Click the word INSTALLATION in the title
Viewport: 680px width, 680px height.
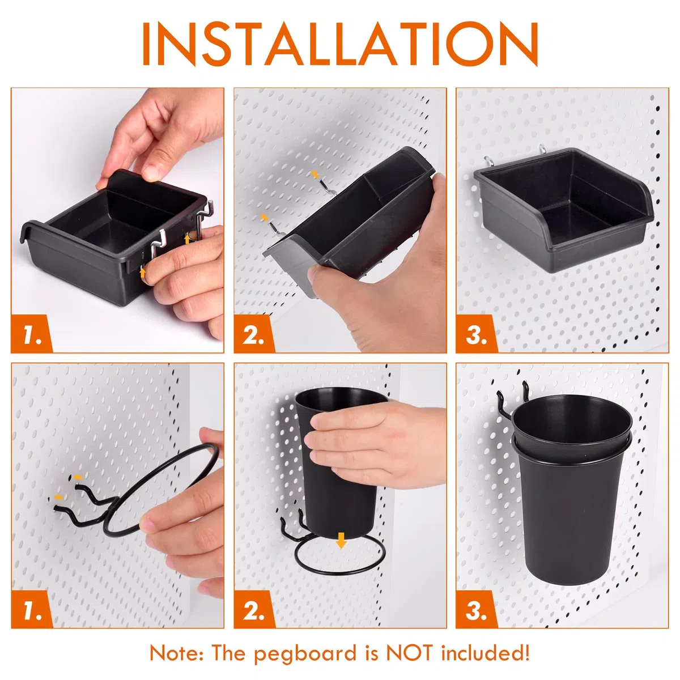pyautogui.click(x=340, y=44)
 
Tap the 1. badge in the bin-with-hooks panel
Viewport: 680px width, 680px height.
pyautogui.click(x=32, y=334)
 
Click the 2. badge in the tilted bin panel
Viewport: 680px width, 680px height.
pyautogui.click(x=254, y=334)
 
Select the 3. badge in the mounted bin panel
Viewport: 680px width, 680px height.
pyautogui.click(x=477, y=334)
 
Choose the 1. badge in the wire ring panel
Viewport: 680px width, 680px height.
pyautogui.click(x=32, y=609)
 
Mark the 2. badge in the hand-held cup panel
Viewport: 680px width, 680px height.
pyautogui.click(x=254, y=609)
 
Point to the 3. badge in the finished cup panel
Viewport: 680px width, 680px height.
pyautogui.click(x=477, y=609)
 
